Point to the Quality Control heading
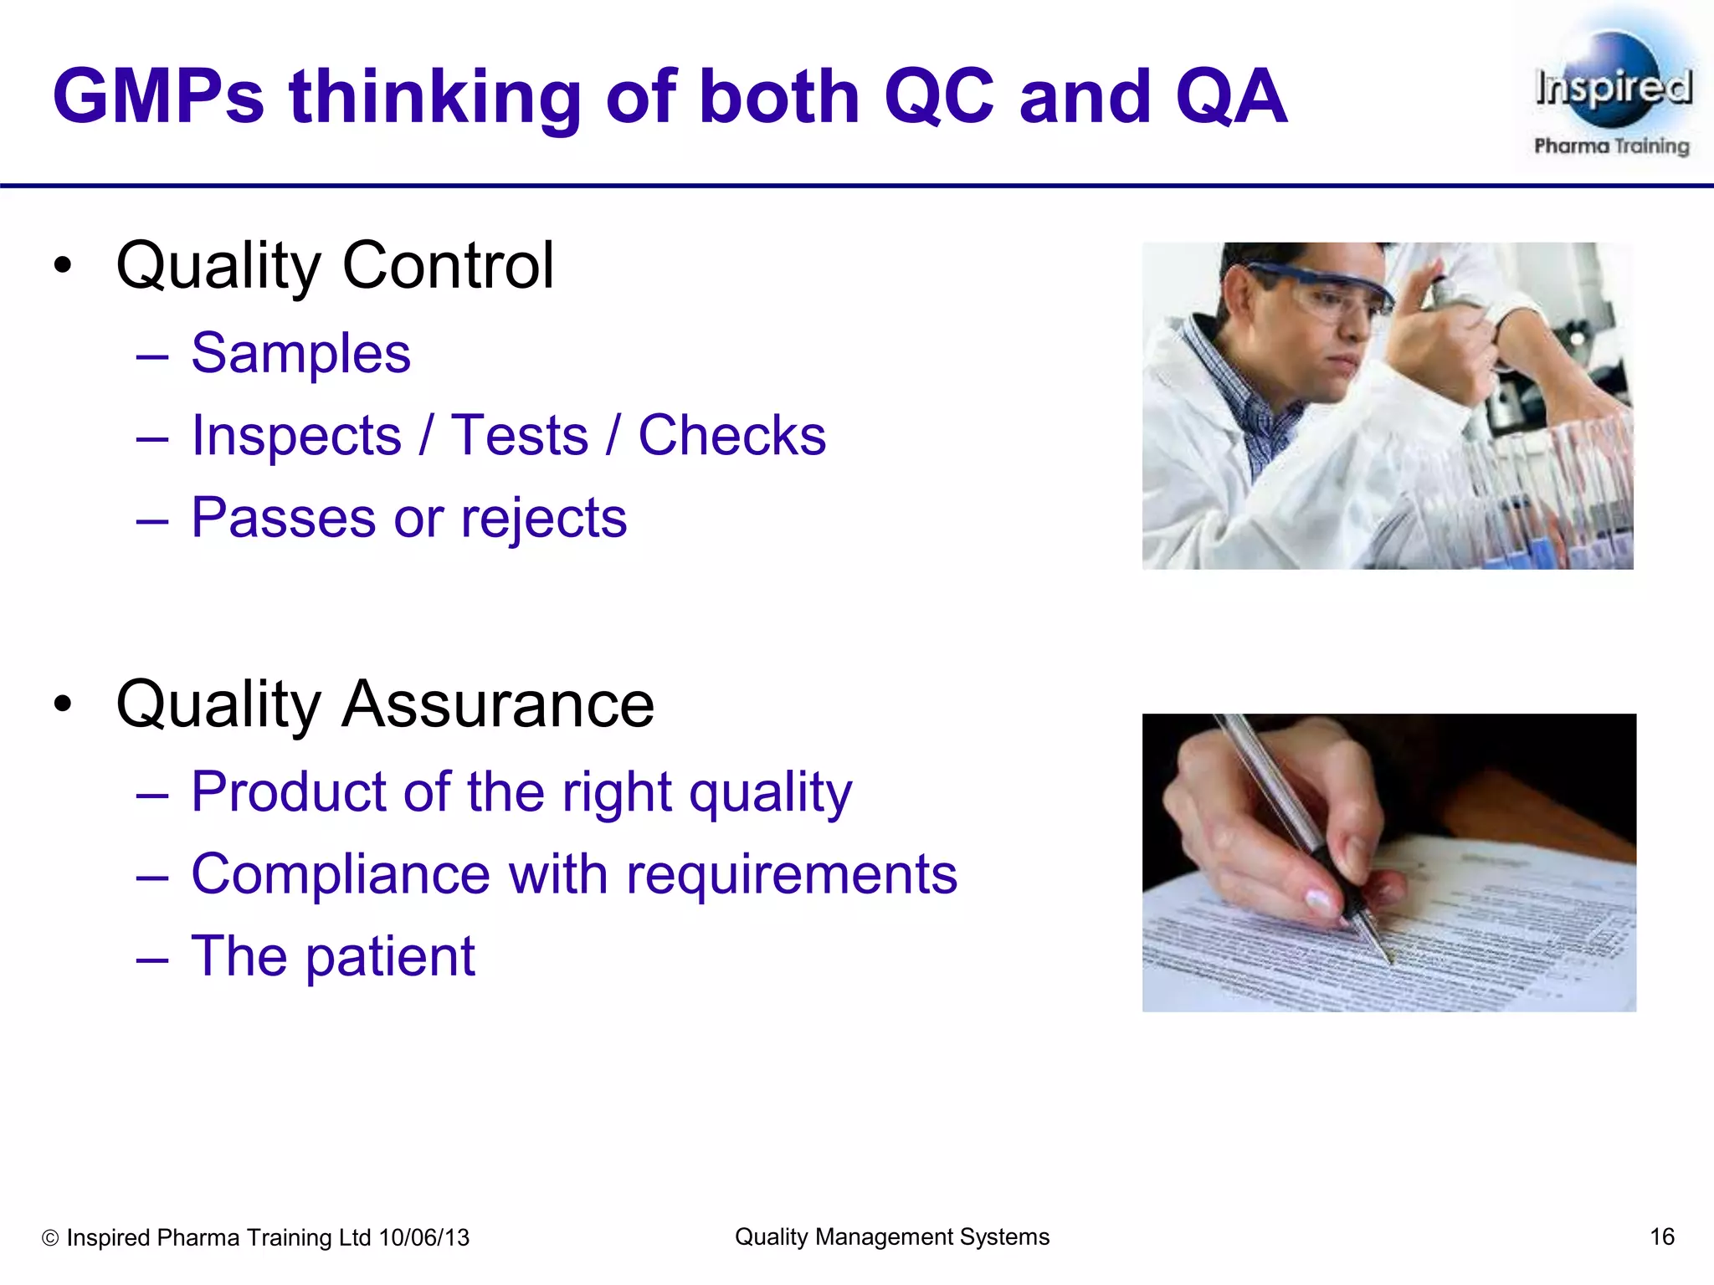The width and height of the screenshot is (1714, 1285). point(335,266)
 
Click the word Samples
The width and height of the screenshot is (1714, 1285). point(300,353)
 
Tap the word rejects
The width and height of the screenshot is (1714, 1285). point(543,518)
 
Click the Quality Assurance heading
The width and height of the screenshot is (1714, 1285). point(385,704)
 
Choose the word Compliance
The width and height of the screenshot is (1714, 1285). point(340,874)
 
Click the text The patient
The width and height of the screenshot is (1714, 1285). point(333,956)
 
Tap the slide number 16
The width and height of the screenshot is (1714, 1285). point(1661,1236)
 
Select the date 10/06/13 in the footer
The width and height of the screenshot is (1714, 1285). point(424,1237)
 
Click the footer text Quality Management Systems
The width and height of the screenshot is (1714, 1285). point(891,1236)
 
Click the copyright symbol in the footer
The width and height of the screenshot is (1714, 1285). point(50,1238)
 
